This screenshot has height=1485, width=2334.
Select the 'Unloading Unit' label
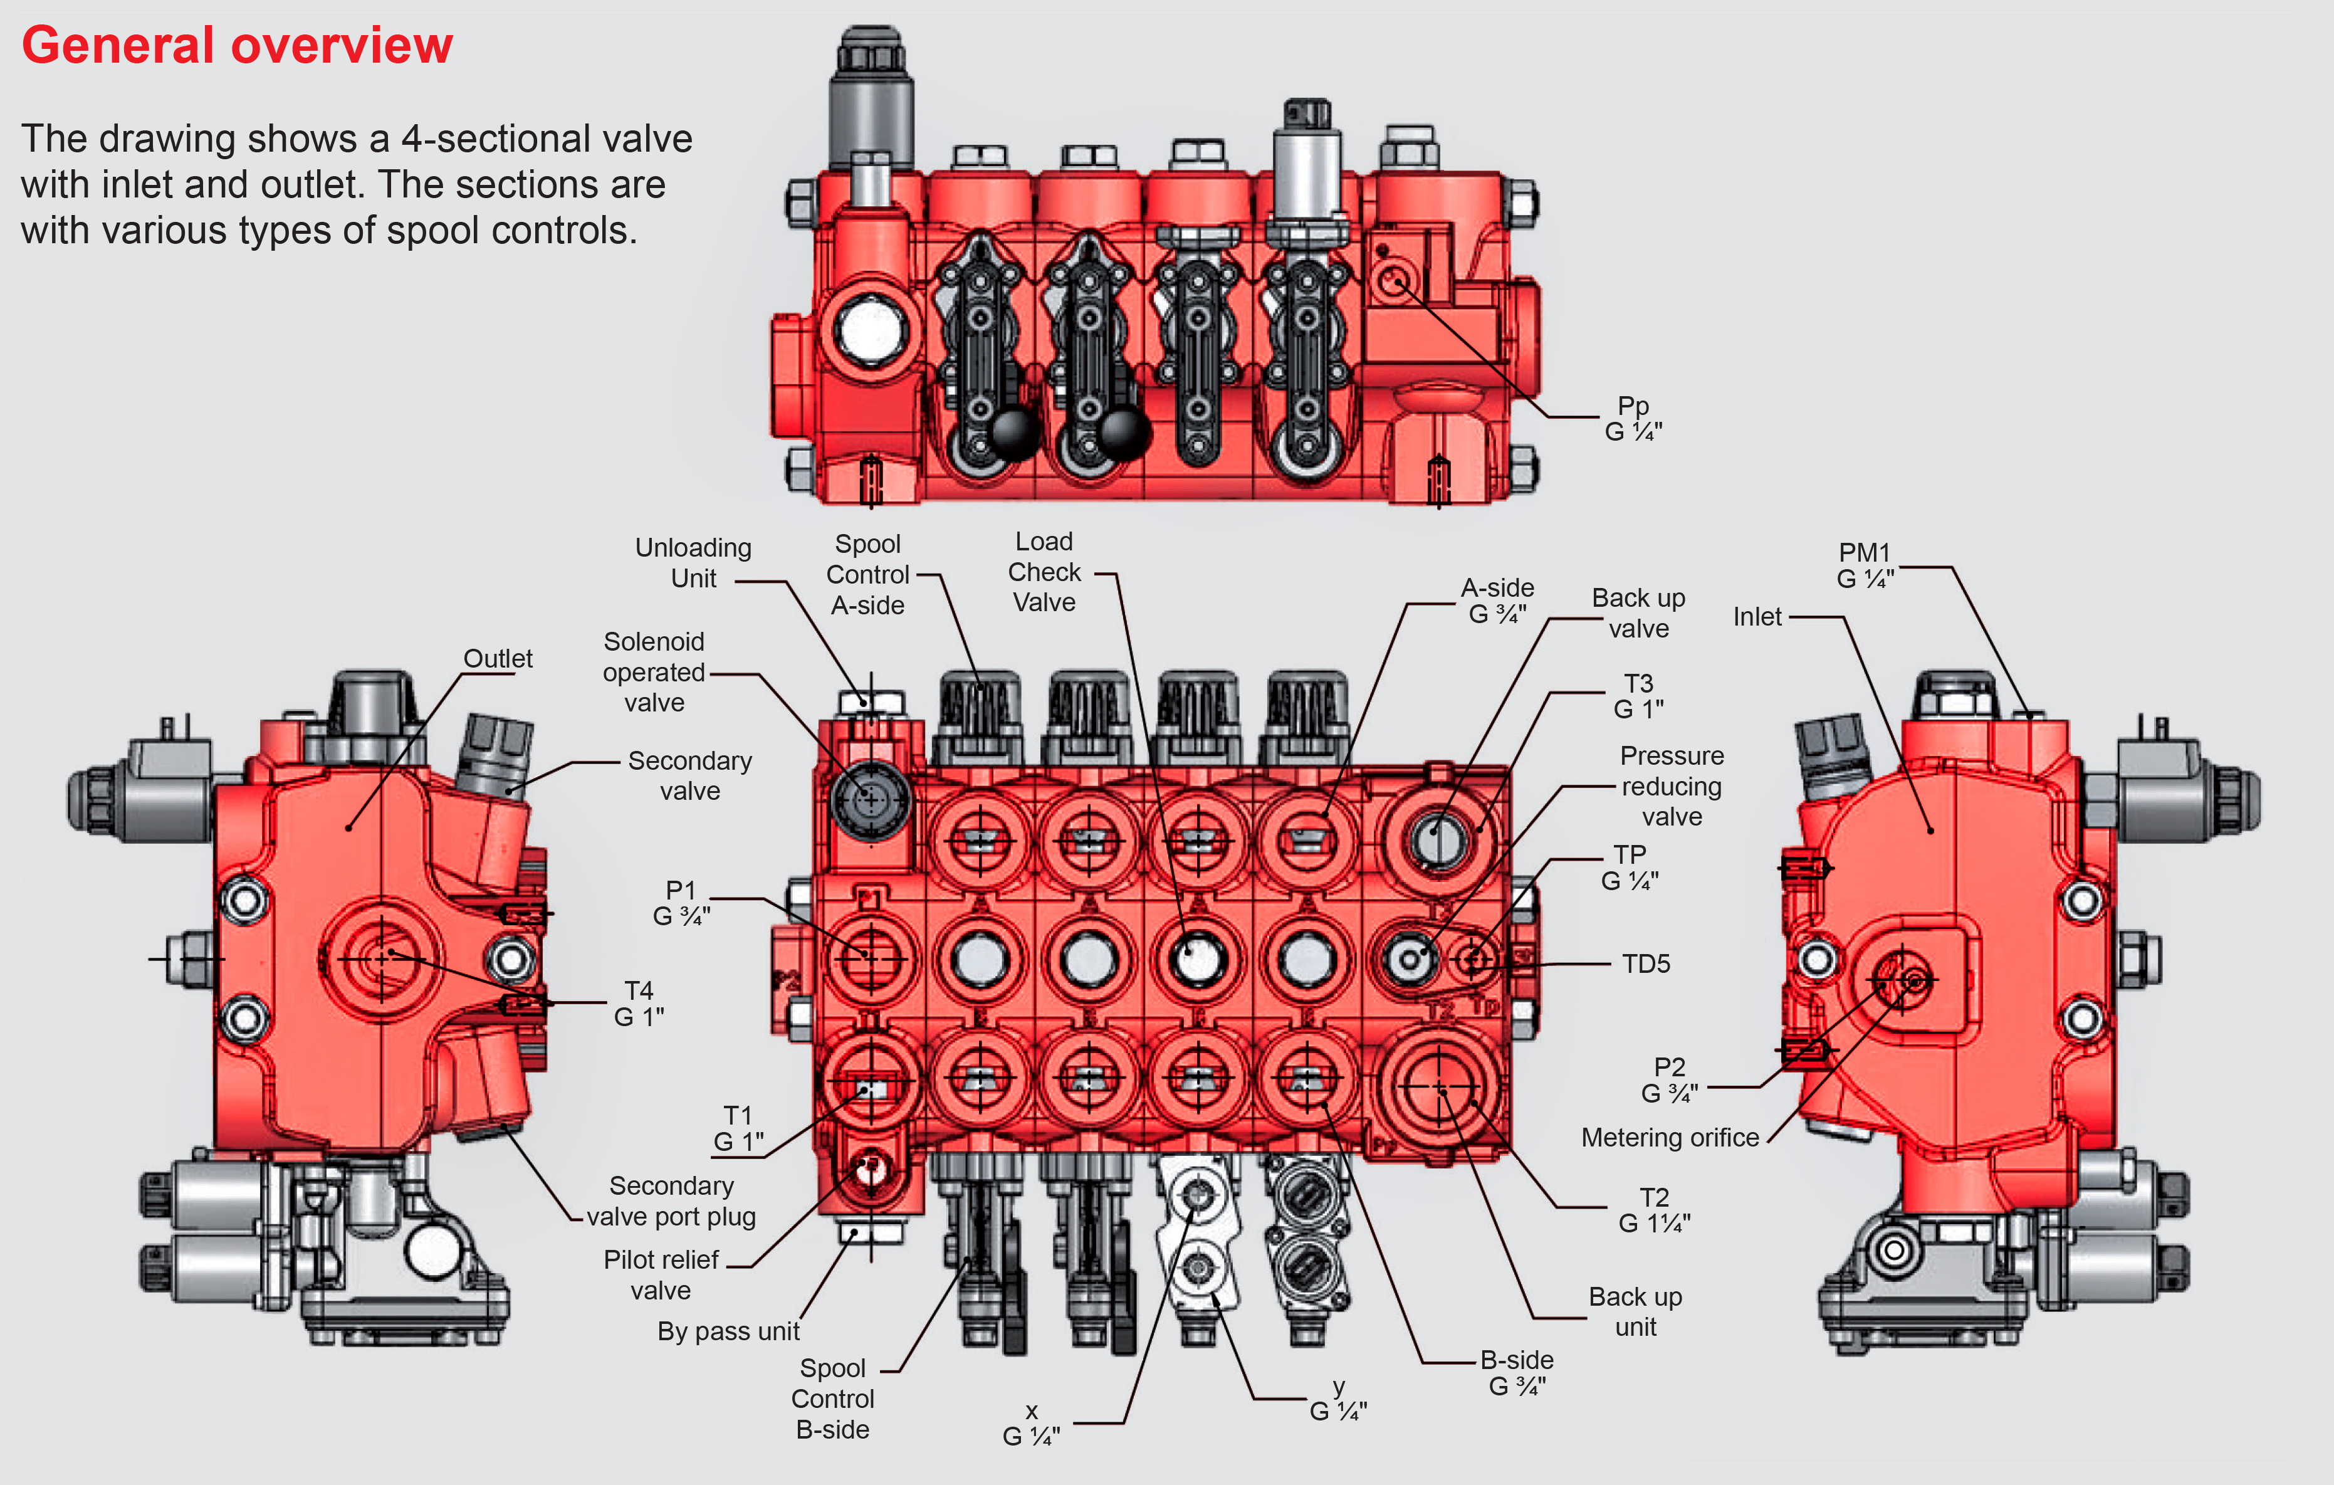point(693,563)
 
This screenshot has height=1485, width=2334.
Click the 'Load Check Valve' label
point(1044,572)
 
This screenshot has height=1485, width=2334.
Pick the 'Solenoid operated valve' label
point(654,672)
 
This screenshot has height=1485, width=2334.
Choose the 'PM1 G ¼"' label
point(1865,566)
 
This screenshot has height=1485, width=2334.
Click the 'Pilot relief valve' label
point(661,1274)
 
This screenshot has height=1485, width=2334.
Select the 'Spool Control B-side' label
point(832,1398)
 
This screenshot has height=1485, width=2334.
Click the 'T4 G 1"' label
point(639,1003)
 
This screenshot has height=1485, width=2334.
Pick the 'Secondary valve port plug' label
point(672,1201)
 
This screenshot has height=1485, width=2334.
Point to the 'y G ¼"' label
point(1339,1400)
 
